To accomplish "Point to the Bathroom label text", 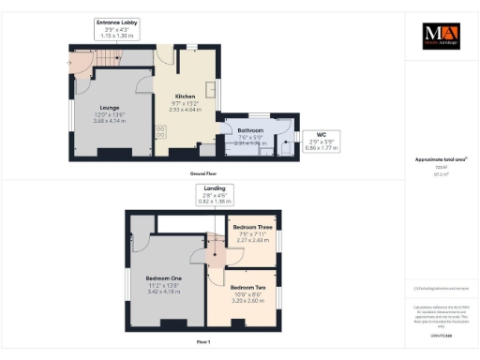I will [249, 131].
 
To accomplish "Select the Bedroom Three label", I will [254, 226].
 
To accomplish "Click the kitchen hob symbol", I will [160, 132].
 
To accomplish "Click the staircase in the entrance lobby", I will [81, 60].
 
